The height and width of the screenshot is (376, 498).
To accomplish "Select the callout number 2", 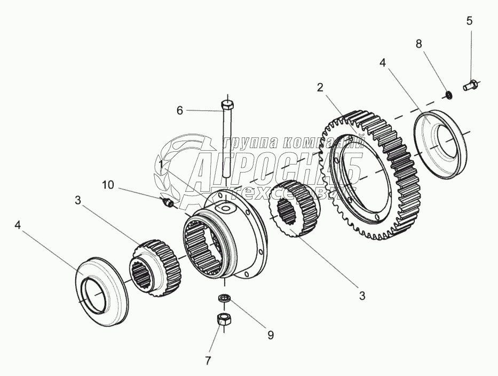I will click(x=320, y=87).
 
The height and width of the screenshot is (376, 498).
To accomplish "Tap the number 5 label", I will click(x=469, y=21).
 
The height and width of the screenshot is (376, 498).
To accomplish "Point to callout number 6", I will click(x=180, y=110).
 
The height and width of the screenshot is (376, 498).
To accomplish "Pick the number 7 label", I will click(x=208, y=361).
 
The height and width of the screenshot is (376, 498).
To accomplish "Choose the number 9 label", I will click(x=270, y=335).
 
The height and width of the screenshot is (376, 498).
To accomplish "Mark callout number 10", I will click(x=108, y=185).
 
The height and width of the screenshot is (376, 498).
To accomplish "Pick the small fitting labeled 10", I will click(x=167, y=202).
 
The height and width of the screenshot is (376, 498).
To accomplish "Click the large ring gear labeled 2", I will click(x=374, y=176).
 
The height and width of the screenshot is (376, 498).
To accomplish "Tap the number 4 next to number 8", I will click(x=382, y=62).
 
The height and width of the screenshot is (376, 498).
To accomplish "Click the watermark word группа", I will click(x=243, y=142).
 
